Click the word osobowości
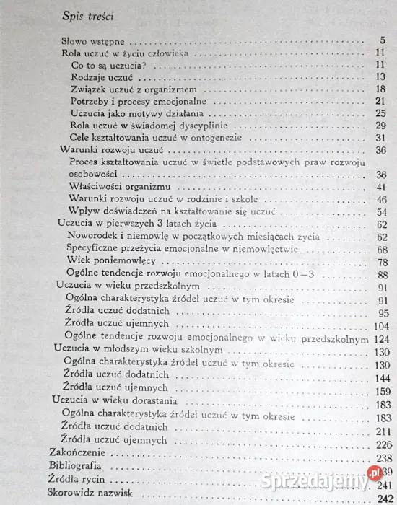pyautogui.click(x=94, y=175)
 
